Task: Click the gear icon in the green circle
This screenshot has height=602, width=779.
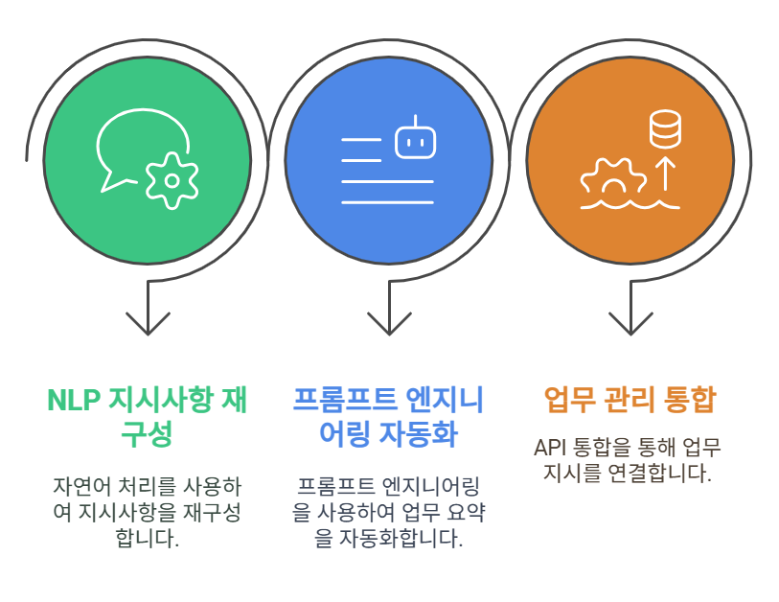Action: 172,180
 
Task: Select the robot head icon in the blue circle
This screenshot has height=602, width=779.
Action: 415,139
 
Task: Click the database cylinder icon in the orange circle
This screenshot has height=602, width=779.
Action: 665,129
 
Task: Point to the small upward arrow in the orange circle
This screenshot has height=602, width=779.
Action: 665,174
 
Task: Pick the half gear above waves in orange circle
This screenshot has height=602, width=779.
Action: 614,176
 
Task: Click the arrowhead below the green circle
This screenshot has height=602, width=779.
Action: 149,323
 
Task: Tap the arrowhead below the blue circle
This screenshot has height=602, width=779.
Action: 389,323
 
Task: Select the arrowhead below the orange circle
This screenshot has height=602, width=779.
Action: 630,323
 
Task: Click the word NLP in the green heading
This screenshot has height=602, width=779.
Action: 74,400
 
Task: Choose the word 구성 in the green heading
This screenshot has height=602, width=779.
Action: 147,434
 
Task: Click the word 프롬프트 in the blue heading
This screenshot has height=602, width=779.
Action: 345,400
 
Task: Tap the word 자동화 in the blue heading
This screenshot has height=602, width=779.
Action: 419,434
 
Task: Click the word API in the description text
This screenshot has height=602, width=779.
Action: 550,448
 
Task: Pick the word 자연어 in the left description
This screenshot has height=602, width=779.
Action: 82,487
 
